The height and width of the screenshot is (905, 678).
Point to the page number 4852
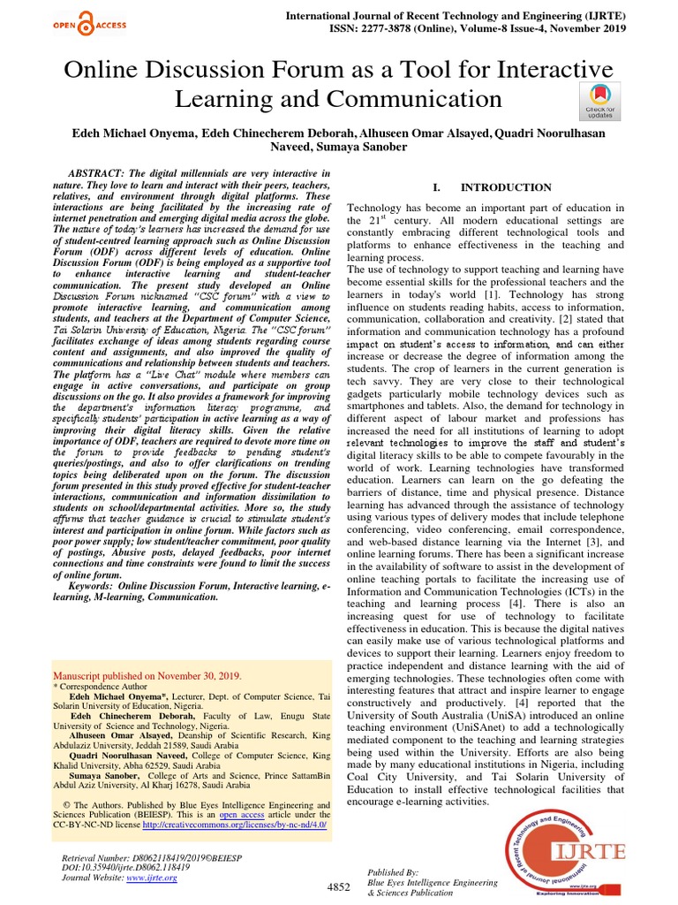coord(339,886)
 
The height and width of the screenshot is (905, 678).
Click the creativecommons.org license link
coord(234,825)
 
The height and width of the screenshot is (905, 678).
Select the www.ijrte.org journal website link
coord(152,878)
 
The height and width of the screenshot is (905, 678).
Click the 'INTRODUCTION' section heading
coord(505,187)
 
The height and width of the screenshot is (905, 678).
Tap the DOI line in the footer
coord(121,869)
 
